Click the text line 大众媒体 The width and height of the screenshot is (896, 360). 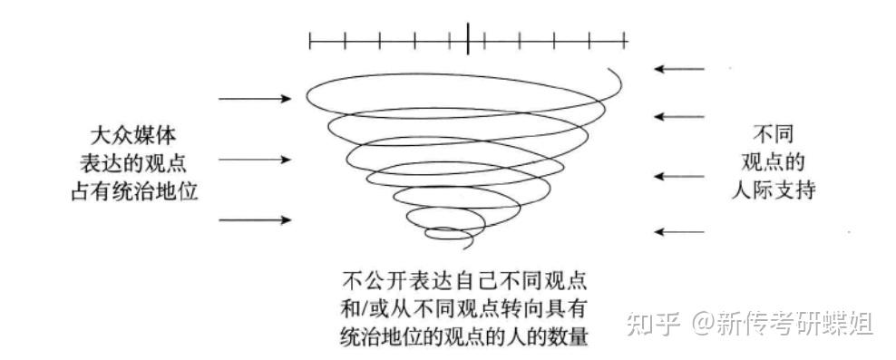tap(136, 134)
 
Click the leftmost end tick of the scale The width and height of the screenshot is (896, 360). tap(310, 40)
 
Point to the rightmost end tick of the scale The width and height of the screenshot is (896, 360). tap(626, 40)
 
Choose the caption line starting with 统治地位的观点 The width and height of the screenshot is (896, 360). tap(466, 337)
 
